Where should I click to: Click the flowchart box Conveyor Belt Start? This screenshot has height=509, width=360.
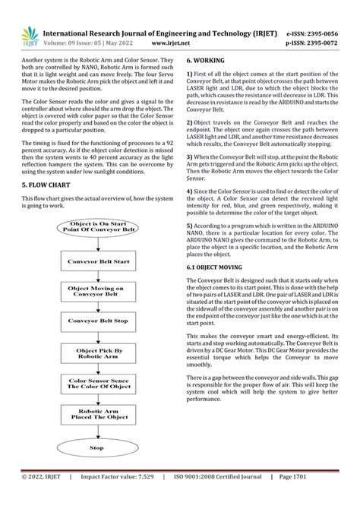[x=98, y=261]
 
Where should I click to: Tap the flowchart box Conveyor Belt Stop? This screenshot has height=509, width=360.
[x=98, y=321]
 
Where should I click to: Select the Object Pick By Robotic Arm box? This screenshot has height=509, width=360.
[x=98, y=353]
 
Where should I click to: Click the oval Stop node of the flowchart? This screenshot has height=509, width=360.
[x=97, y=448]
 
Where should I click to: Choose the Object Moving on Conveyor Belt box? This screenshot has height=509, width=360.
[x=98, y=292]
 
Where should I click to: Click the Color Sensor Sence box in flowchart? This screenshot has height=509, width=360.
[x=98, y=384]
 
